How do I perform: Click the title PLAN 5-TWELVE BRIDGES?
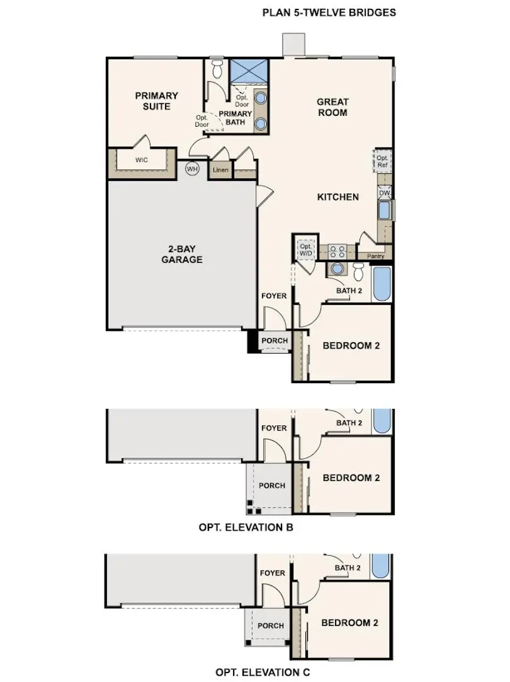click(x=329, y=12)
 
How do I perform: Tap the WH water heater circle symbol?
click(x=192, y=168)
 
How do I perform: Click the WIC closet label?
click(x=142, y=160)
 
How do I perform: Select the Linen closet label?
click(x=220, y=171)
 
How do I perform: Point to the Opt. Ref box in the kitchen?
click(x=383, y=161)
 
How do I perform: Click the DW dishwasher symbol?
click(x=384, y=192)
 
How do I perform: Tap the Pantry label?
click(x=375, y=256)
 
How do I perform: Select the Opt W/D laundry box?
click(x=306, y=249)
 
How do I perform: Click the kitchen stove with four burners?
click(x=337, y=251)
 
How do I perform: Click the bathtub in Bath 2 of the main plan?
click(x=382, y=285)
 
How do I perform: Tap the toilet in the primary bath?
click(x=218, y=67)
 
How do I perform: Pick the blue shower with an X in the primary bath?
click(x=249, y=71)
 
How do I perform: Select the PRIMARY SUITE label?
click(x=157, y=101)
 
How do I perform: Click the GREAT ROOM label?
click(x=332, y=107)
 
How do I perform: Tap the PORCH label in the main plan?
click(x=275, y=341)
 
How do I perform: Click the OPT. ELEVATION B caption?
click(x=246, y=527)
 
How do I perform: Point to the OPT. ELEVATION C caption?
click(x=263, y=673)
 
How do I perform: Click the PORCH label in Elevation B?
click(x=272, y=486)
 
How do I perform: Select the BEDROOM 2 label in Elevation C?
click(x=349, y=623)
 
